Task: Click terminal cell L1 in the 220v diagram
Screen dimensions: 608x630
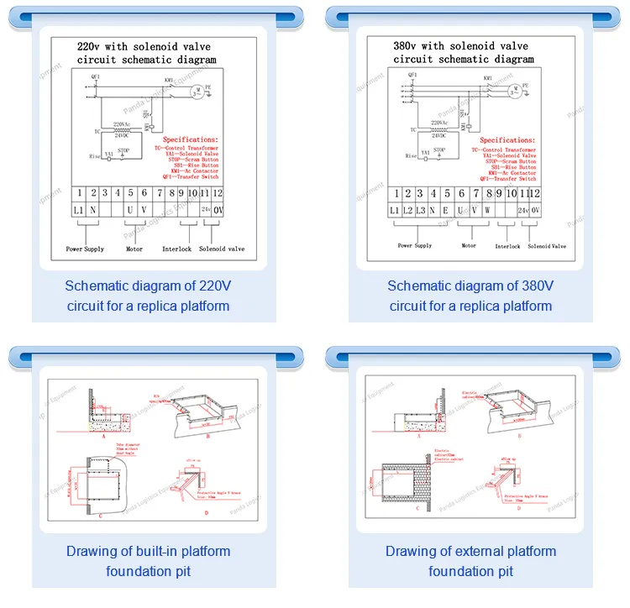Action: coord(76,209)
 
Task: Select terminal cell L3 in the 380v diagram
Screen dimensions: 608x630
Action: coord(420,209)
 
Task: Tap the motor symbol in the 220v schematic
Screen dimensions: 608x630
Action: coord(198,91)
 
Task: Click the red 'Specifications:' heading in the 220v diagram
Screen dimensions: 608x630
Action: coord(190,139)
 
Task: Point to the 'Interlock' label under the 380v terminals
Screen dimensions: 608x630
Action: coord(507,246)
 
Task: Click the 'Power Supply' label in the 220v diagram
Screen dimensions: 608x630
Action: coord(86,249)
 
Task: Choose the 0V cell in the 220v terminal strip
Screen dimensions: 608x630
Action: coord(218,209)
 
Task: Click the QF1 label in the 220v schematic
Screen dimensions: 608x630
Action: coord(96,76)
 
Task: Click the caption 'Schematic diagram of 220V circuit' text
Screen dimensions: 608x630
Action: coord(148,296)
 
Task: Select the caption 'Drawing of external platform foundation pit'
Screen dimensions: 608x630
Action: coord(470,561)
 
